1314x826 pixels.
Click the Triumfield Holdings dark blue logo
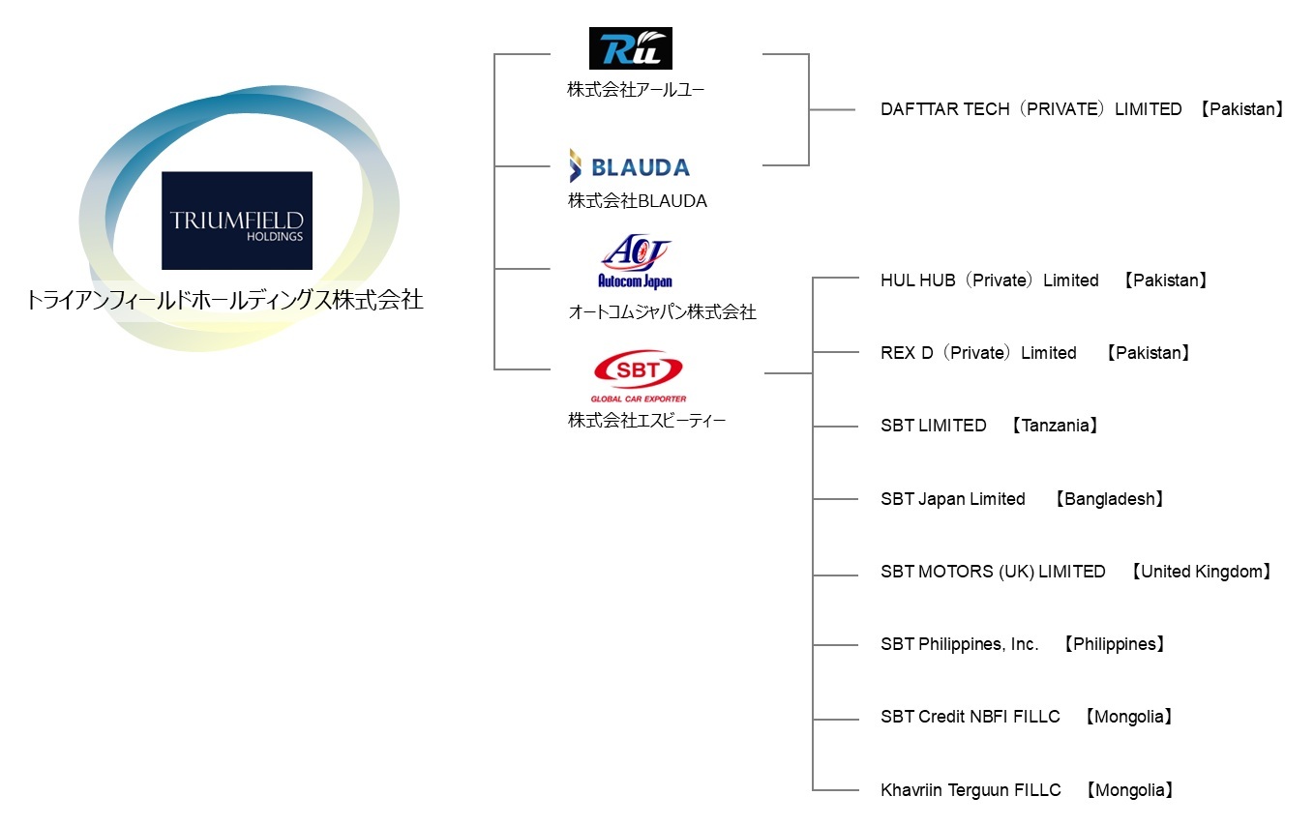237,221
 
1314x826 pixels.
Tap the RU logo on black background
630,48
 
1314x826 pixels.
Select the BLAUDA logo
629,166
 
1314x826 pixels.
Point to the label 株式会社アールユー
636,90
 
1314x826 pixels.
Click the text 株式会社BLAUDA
637,201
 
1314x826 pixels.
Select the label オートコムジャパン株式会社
662,311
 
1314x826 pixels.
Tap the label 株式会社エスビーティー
646,421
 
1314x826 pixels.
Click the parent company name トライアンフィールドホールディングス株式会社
224,301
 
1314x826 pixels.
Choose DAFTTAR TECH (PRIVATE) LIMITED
1030,109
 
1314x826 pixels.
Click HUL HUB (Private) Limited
989,280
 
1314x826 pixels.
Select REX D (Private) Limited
978,353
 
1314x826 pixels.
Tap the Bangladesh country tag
1109,499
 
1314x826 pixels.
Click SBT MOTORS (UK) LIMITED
993,572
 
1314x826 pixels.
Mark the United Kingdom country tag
1200,572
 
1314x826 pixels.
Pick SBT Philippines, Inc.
959,644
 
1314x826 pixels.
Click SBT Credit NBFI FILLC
970,717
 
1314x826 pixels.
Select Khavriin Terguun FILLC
971,790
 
